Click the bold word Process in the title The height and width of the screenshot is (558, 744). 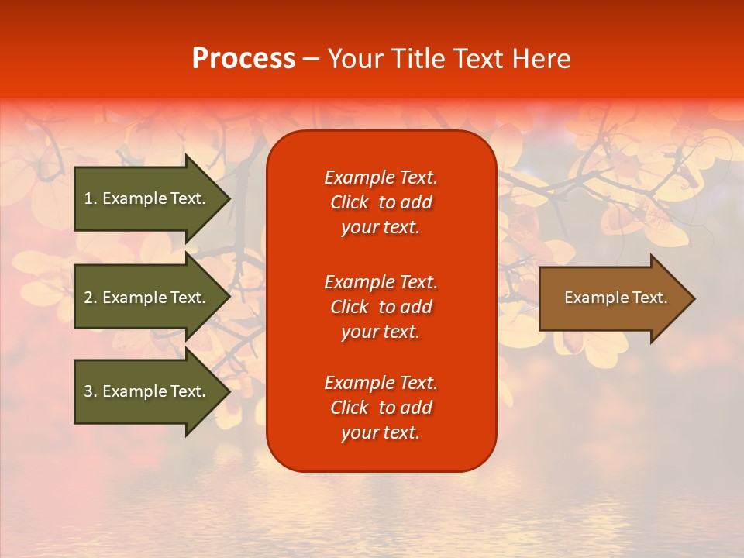click(x=243, y=59)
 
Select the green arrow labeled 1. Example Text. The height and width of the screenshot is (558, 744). click(x=147, y=198)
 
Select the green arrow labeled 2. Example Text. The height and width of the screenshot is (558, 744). click(x=147, y=298)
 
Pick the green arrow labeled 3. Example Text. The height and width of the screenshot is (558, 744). click(x=147, y=391)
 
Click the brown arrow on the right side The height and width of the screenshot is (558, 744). click(x=612, y=298)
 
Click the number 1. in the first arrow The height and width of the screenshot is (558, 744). click(x=90, y=198)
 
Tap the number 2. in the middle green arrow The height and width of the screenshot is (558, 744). click(x=90, y=298)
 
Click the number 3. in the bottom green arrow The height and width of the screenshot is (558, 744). click(x=90, y=391)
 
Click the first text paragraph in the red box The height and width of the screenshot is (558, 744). click(x=381, y=202)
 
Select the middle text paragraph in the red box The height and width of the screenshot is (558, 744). click(x=381, y=307)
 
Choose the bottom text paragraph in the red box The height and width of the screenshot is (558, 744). click(x=381, y=408)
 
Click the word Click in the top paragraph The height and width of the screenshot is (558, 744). click(x=349, y=202)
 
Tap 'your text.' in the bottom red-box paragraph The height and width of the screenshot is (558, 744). click(x=381, y=432)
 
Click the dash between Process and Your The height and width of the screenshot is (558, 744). click(x=312, y=59)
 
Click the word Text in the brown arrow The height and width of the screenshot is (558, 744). click(x=649, y=298)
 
